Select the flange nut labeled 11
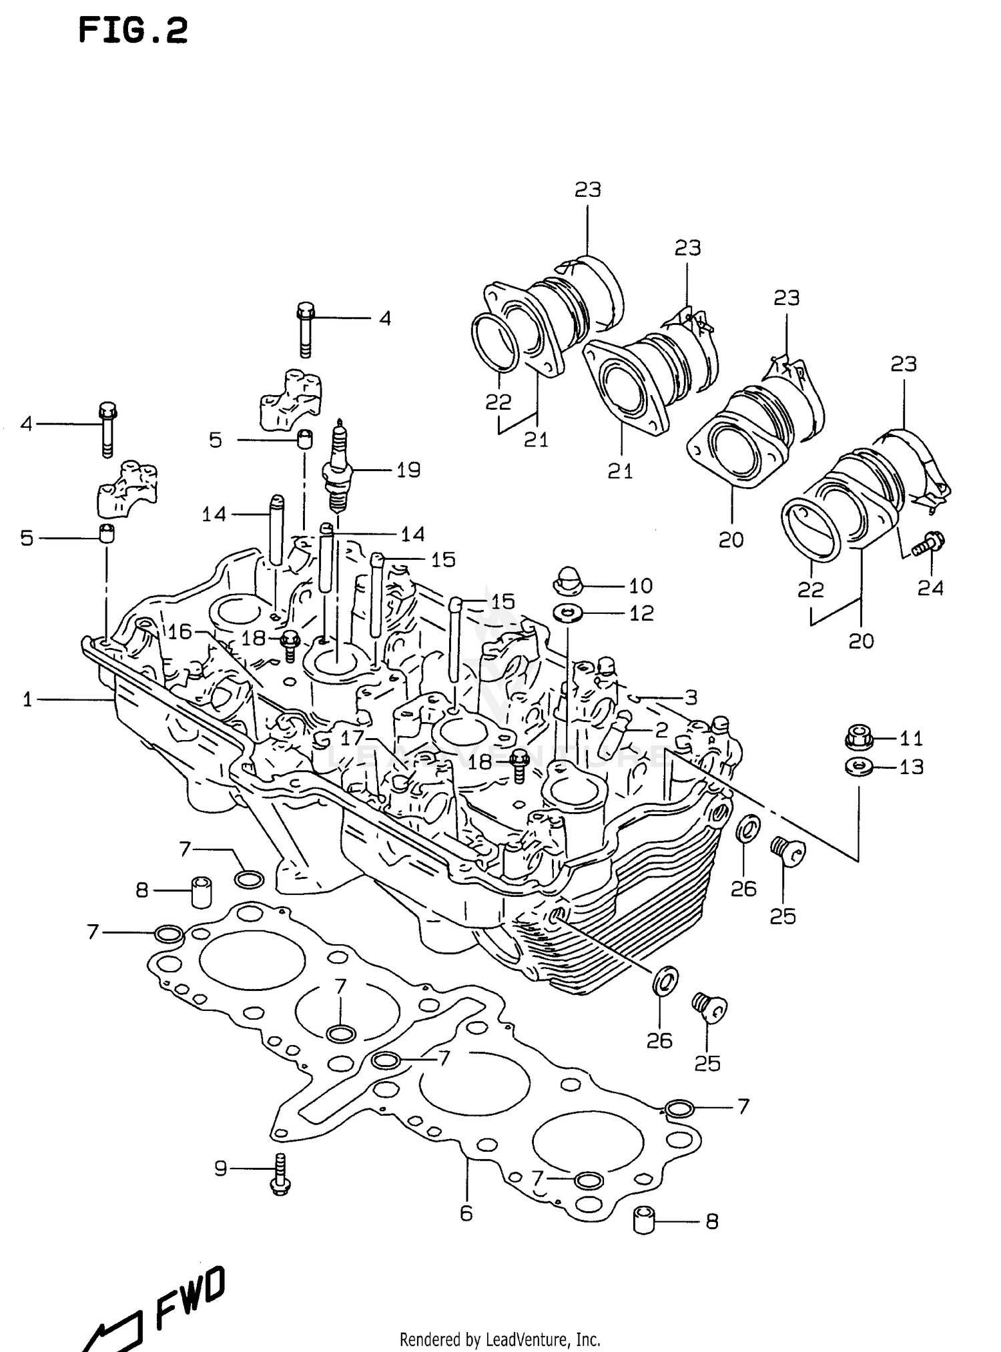pos(858,737)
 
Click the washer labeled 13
pos(858,766)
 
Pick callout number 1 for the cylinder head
pos(27,699)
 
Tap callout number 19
pos(408,470)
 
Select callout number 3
pos(691,697)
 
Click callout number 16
pos(180,631)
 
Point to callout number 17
pos(352,737)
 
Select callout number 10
pos(641,586)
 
